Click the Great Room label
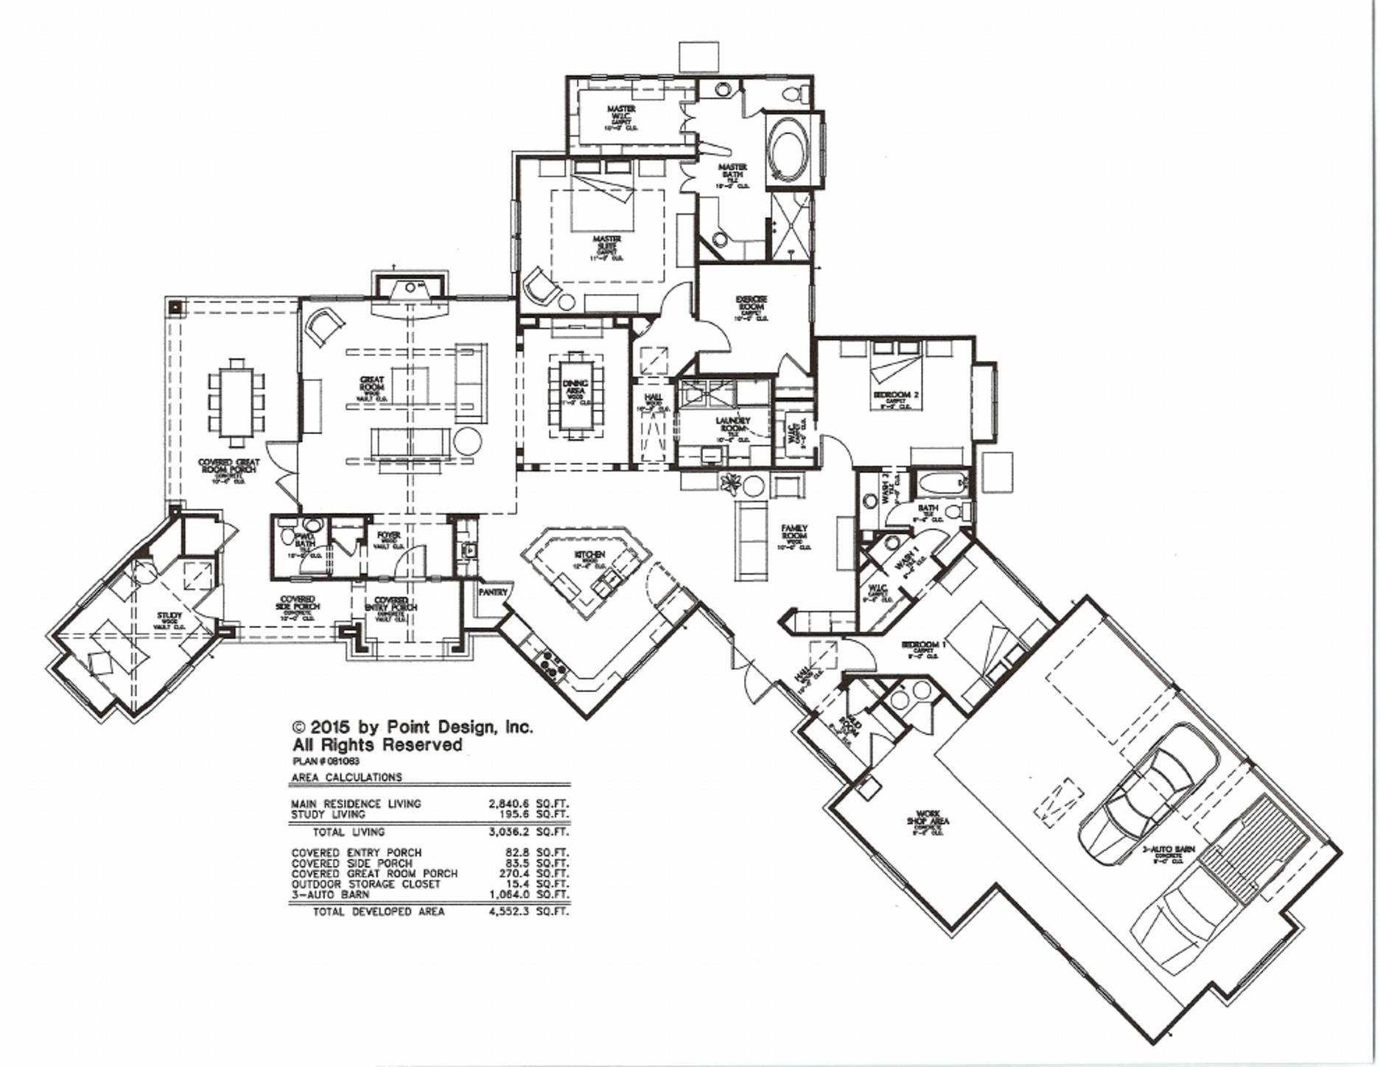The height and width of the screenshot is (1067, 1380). [371, 384]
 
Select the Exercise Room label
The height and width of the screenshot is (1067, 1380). [752, 304]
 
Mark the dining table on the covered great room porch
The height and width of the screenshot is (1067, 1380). [237, 403]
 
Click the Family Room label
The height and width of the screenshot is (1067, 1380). [794, 532]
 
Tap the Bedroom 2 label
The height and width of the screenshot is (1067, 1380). [896, 395]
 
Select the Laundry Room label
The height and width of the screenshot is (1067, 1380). [732, 426]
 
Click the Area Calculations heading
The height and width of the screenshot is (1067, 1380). [346, 777]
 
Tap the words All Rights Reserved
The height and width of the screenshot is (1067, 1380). [377, 745]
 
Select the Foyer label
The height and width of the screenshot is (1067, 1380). [389, 536]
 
